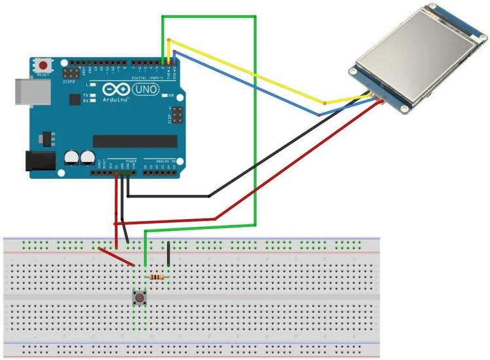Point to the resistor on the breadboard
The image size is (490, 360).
[157, 277]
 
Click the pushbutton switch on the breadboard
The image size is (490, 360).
[139, 298]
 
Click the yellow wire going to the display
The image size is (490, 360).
[249, 71]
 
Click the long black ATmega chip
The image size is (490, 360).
[134, 141]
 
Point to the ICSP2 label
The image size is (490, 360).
[69, 83]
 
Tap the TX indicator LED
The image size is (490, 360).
[94, 96]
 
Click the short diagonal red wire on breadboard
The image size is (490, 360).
[117, 256]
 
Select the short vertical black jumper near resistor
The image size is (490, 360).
[169, 254]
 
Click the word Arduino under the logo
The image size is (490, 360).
[116, 100]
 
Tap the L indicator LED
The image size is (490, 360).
[94, 85]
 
